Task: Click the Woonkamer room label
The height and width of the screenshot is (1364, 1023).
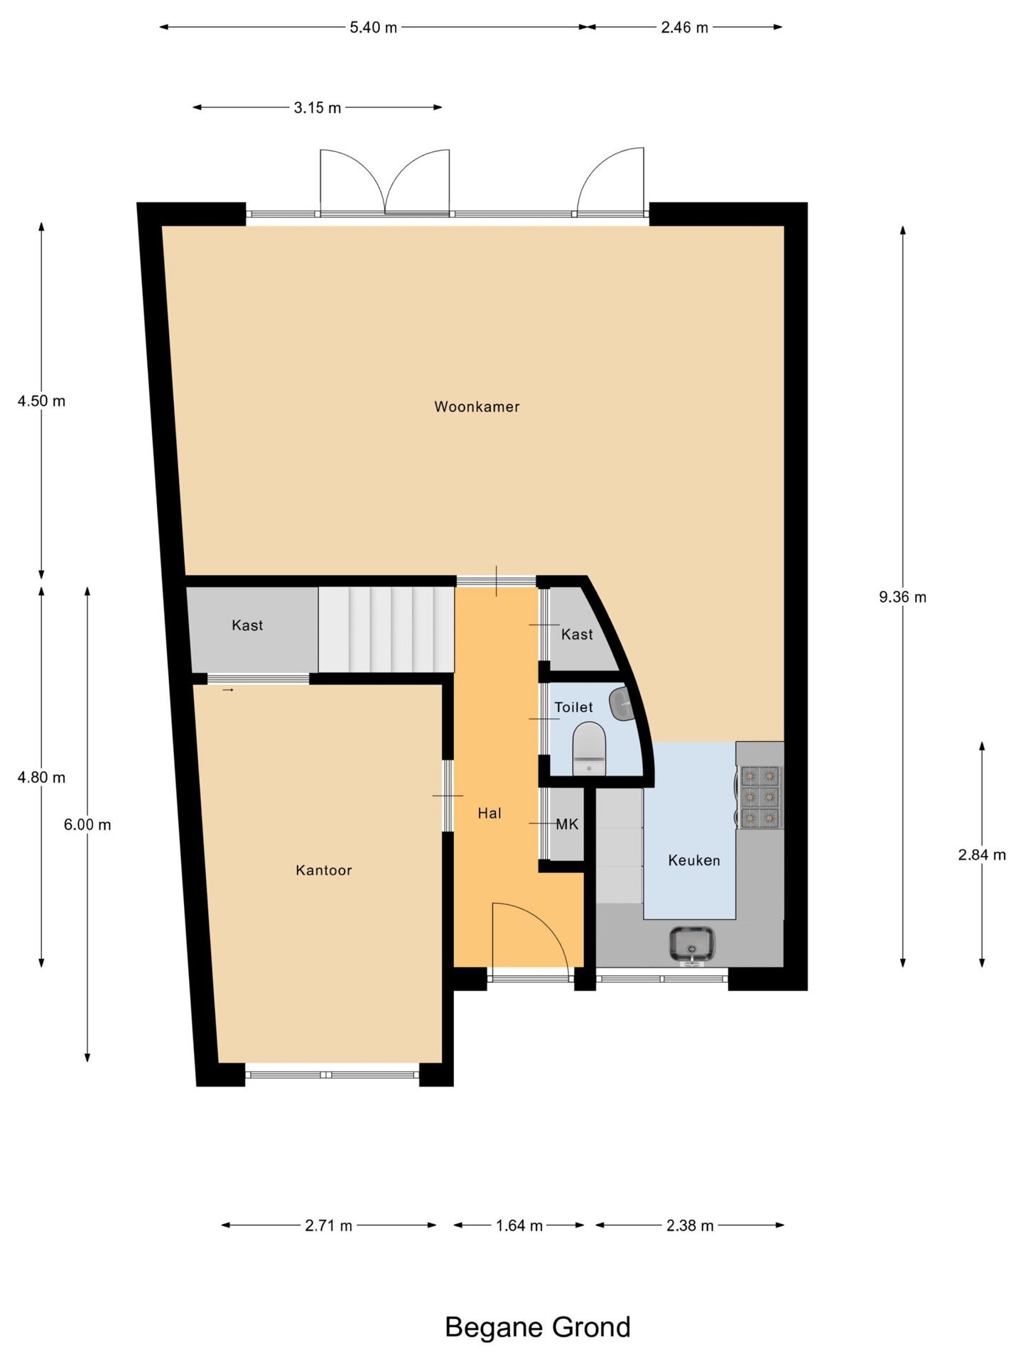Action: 477,407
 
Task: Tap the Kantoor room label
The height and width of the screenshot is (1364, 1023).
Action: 324,870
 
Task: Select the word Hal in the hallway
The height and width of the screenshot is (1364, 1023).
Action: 489,813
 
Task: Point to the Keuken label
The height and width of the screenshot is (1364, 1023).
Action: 694,860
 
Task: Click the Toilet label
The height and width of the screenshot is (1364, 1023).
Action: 573,707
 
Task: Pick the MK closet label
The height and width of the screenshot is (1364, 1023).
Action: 567,824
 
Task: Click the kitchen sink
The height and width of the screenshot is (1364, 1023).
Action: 692,945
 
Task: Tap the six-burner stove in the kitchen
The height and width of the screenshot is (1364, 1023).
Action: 759,797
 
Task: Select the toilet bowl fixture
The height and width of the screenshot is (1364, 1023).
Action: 589,749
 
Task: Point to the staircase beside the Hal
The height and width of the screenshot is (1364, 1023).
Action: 386,629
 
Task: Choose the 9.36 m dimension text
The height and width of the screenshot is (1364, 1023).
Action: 902,597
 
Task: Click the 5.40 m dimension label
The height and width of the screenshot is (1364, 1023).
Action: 373,28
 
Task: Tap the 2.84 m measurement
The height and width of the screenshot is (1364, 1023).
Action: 982,855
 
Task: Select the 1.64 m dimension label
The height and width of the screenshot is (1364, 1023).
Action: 519,1225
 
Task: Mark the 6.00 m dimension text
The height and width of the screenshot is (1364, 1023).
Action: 87,825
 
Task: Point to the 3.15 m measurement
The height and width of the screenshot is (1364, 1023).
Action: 318,108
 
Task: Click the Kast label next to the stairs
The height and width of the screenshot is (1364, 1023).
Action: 247,625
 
